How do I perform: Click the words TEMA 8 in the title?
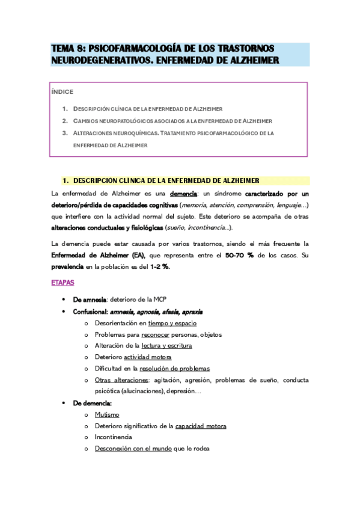tap(68, 48)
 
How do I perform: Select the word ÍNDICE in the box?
tap(62, 92)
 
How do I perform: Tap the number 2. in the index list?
tap(64, 121)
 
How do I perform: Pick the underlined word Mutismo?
tap(107, 414)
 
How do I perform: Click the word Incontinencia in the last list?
tap(114, 437)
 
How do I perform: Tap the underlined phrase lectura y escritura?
tap(167, 346)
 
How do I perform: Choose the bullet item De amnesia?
tap(90, 300)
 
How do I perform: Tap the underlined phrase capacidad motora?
tap(201, 426)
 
